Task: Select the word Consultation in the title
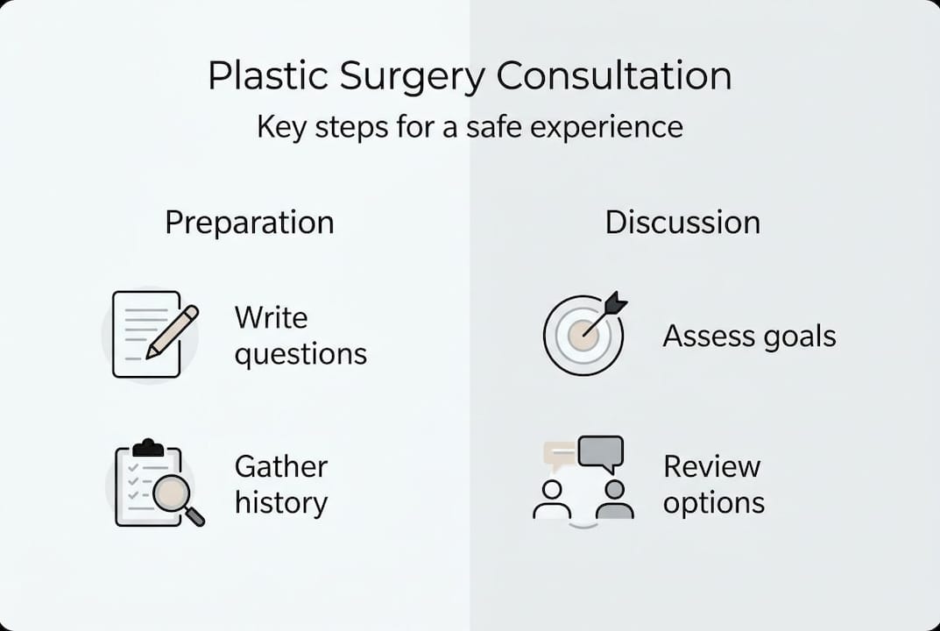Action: click(x=613, y=76)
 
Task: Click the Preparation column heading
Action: click(x=250, y=223)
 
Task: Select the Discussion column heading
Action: click(x=682, y=223)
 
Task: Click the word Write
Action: click(x=271, y=318)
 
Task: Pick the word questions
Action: click(x=300, y=355)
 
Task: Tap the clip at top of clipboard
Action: click(x=148, y=448)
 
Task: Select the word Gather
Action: click(x=281, y=466)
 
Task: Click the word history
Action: click(x=280, y=503)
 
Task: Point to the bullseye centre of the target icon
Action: click(x=582, y=334)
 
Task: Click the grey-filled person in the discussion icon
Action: click(x=614, y=501)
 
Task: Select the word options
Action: click(x=713, y=503)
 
